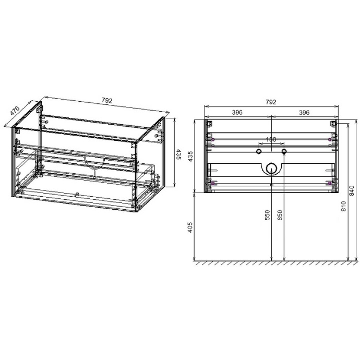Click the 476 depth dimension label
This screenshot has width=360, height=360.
point(15,112)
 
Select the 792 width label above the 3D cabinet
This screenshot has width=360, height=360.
point(107,101)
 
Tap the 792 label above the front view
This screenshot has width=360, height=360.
point(271,102)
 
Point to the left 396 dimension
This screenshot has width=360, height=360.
point(237,112)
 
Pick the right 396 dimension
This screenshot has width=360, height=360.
point(304,112)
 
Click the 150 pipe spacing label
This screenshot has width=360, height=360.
point(271,140)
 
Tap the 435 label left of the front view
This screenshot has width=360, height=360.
point(190,156)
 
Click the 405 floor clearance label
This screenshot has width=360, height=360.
point(190,227)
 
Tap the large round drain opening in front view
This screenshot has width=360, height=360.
point(271,168)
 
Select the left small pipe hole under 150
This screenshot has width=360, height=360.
point(259,151)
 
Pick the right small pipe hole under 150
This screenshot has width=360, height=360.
point(284,151)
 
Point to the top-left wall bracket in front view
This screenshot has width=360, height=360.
point(210,124)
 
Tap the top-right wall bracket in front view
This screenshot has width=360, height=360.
point(332,124)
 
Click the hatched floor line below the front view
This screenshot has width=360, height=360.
point(271,263)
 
